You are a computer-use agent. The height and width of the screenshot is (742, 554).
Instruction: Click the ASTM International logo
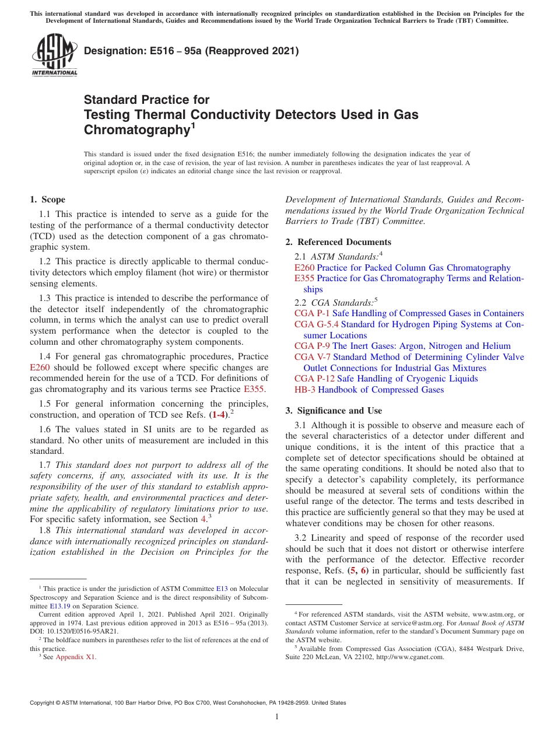pyautogui.click(x=54, y=55)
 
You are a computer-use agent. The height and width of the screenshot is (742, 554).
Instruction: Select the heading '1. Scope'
pyautogui.click(x=48, y=199)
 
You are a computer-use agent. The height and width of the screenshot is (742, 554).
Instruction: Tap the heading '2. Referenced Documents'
pyautogui.click(x=338, y=242)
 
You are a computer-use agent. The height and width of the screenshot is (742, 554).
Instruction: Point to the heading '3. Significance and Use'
pyautogui.click(x=334, y=411)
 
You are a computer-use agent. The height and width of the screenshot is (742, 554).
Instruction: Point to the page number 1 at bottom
pyautogui.click(x=277, y=716)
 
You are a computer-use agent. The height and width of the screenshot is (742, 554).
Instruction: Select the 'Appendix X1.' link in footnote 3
pyautogui.click(x=76, y=657)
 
